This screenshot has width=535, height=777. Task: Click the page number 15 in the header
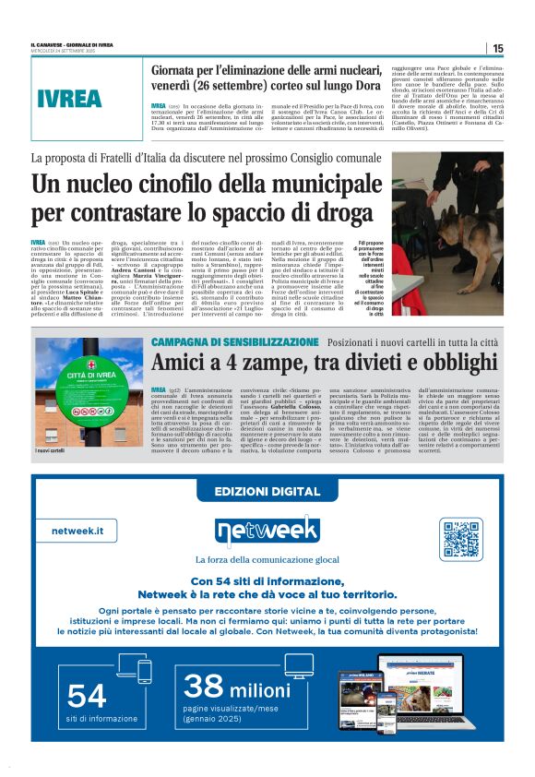click(497, 48)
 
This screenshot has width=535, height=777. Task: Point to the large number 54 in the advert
click(88, 695)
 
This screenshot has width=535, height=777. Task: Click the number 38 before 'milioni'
click(205, 686)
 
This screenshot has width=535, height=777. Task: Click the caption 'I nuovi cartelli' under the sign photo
click(50, 450)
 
